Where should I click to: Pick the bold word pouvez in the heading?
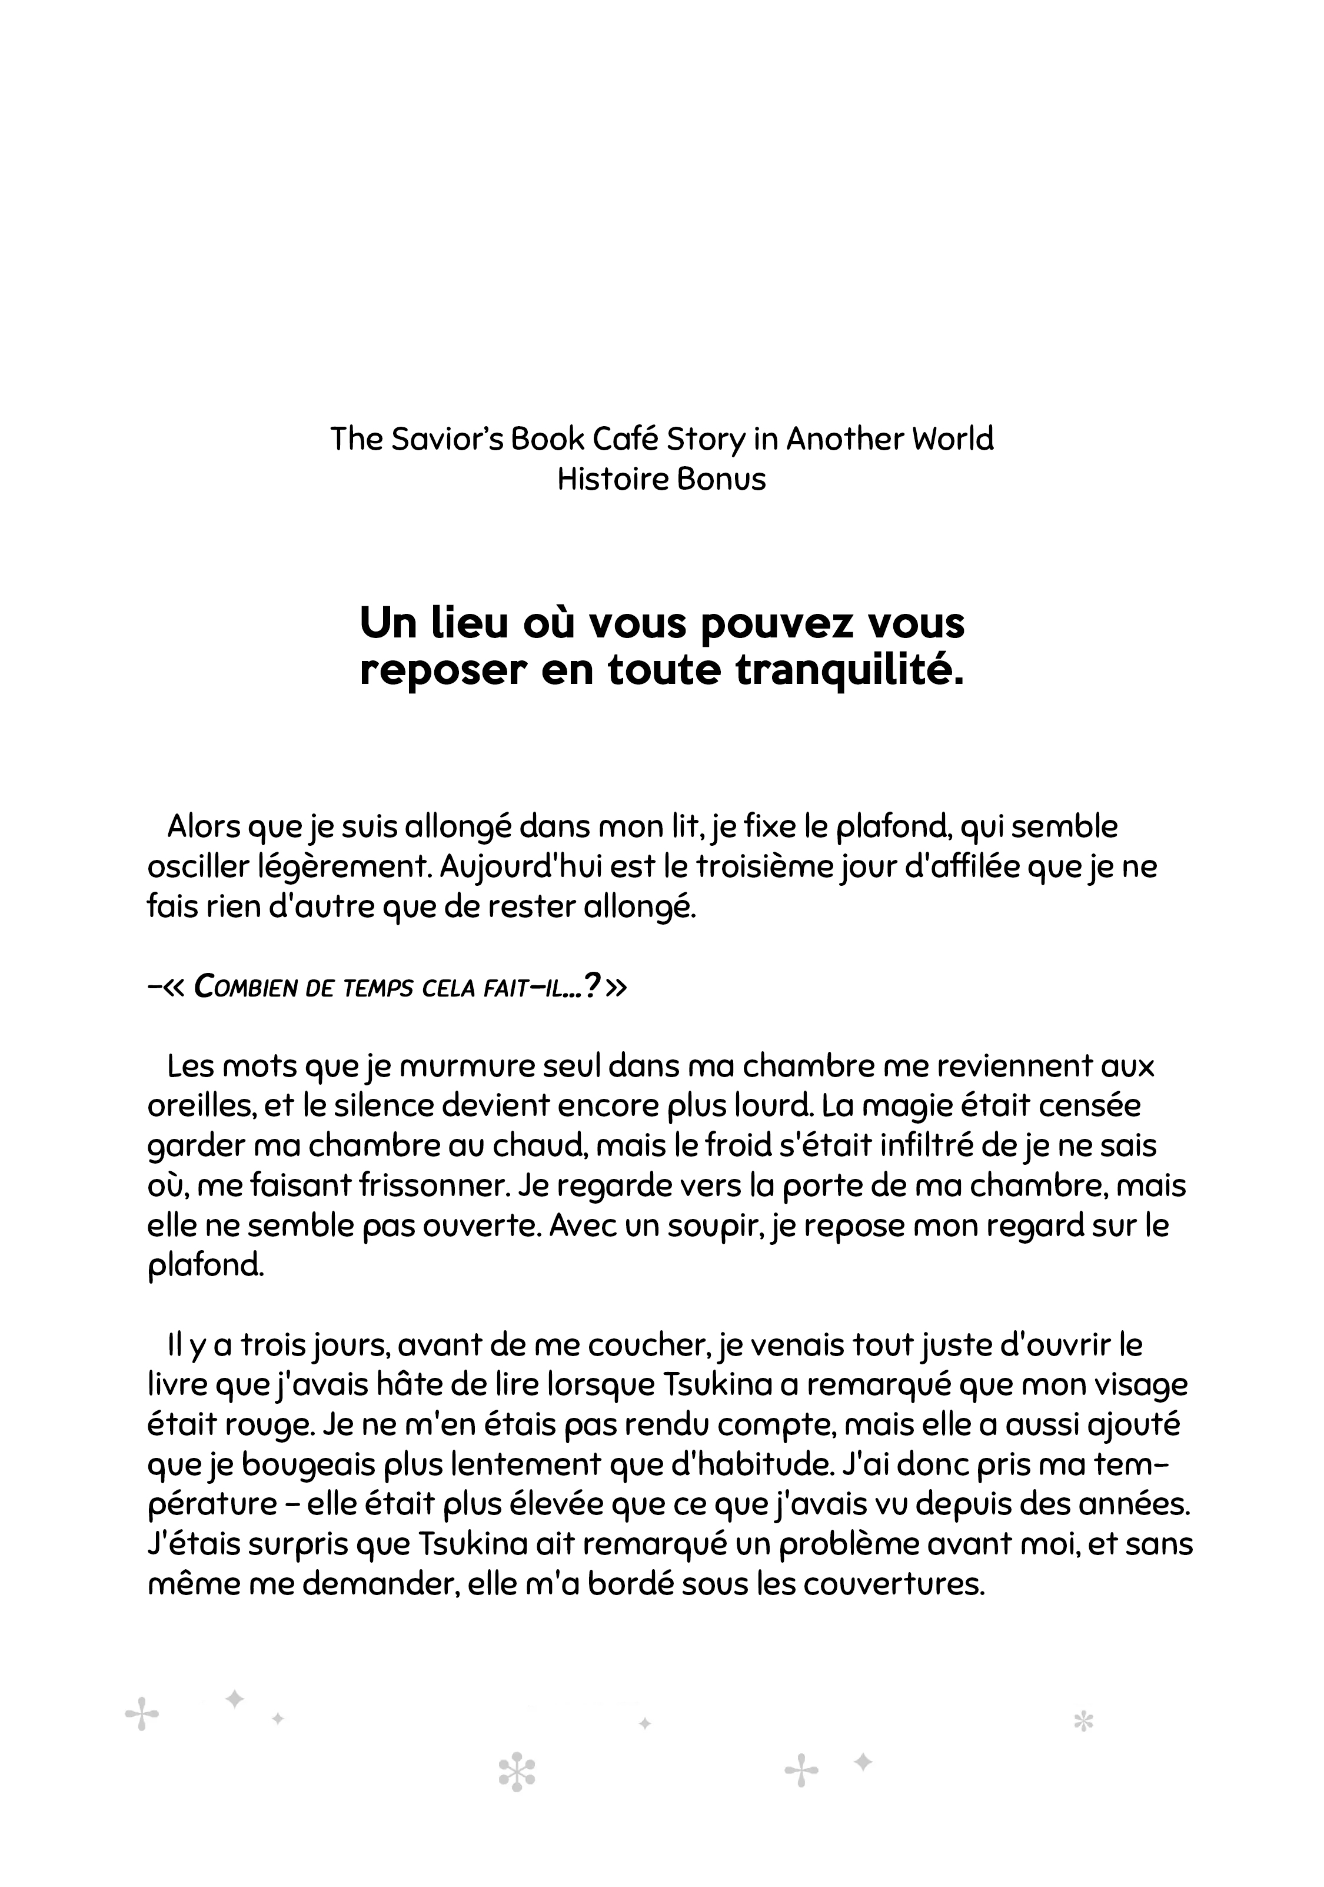coord(771,624)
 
